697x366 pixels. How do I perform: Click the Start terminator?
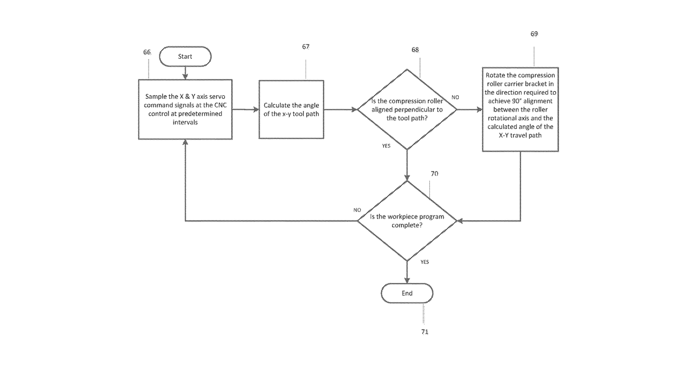click(x=185, y=56)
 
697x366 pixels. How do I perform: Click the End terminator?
click(x=407, y=293)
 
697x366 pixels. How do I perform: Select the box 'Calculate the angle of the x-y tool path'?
click(x=291, y=110)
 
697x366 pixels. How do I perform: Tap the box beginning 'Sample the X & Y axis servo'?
click(x=185, y=109)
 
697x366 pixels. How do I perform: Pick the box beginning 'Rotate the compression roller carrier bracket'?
click(x=520, y=110)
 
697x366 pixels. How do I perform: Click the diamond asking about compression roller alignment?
click(x=407, y=110)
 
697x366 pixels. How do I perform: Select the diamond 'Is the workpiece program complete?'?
click(x=407, y=221)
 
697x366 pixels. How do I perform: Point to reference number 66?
click(x=147, y=52)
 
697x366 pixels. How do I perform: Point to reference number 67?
click(x=306, y=46)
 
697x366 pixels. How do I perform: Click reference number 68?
click(x=415, y=50)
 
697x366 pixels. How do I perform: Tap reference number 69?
click(x=534, y=34)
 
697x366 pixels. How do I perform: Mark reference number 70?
click(x=434, y=174)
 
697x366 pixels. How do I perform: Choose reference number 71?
click(x=425, y=332)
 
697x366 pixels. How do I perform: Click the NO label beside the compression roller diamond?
click(x=455, y=98)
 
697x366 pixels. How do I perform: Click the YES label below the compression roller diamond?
click(x=386, y=146)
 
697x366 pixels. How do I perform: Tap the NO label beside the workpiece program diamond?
click(x=357, y=210)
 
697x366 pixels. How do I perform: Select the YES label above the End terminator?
click(x=425, y=262)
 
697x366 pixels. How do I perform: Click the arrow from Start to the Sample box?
click(x=185, y=73)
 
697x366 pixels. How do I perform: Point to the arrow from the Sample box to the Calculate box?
click(x=246, y=110)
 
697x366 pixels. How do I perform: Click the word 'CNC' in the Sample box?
click(x=221, y=105)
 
